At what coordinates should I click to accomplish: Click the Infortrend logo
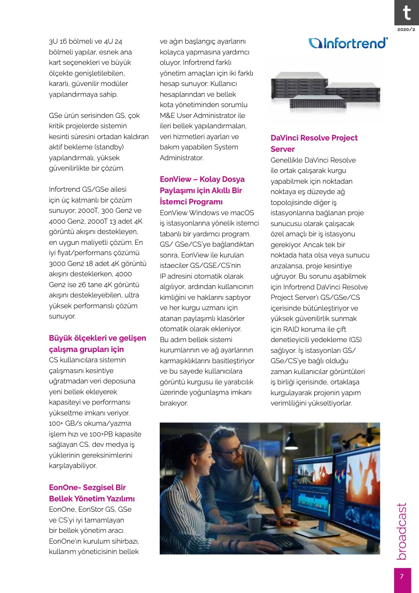tap(348, 43)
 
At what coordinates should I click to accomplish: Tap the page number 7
tap(402, 577)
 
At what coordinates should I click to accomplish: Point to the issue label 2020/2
tap(406, 30)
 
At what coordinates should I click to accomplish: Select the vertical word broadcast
tap(402, 531)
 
